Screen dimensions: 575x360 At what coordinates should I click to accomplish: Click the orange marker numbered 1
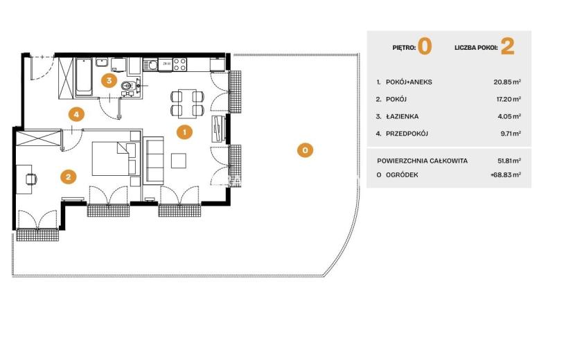184,132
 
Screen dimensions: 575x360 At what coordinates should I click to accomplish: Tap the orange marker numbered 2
68,177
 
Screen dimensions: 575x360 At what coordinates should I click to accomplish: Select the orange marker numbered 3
109,80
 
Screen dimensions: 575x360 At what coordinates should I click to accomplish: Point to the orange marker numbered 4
76,114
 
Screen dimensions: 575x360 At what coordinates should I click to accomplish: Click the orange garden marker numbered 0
305,150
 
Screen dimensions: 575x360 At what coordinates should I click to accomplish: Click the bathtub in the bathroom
84,77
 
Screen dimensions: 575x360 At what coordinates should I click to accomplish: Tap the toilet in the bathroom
127,86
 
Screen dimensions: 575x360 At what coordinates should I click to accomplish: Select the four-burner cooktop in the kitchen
179,64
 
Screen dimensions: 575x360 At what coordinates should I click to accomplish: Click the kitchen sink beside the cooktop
150,65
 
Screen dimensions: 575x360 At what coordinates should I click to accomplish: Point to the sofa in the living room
153,161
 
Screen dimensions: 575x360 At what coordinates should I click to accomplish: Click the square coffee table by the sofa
179,161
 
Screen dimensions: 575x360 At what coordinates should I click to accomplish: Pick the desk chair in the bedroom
31,179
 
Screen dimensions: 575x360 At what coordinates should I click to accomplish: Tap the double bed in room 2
114,159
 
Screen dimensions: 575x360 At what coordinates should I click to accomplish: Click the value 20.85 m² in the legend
507,82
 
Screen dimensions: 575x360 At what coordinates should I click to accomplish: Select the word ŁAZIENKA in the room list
402,116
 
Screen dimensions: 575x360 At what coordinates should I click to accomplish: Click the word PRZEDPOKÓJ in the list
407,134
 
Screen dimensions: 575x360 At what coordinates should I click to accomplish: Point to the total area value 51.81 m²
509,161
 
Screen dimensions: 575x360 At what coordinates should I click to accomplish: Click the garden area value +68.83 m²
506,175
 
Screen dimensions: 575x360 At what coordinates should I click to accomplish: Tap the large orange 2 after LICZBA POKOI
508,46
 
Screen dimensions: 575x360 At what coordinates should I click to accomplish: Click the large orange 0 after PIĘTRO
425,46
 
